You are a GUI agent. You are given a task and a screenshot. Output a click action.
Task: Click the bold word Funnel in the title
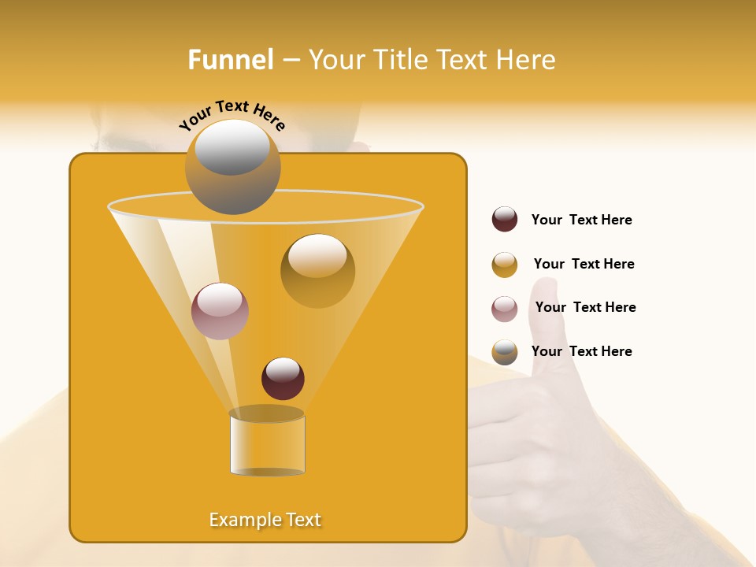(x=230, y=60)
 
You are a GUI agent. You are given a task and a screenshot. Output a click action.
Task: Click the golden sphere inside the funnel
(x=317, y=271)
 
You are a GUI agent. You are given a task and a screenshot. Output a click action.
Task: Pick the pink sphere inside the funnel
(x=220, y=311)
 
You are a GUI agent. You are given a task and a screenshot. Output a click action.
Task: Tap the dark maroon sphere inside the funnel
(x=283, y=378)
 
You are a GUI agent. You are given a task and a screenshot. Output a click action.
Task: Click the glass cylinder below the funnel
(x=267, y=445)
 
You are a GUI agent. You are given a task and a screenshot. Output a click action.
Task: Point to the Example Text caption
(x=265, y=520)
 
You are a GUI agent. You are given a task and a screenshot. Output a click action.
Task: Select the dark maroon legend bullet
(x=505, y=219)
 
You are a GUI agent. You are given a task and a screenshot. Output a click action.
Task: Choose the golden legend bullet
(x=505, y=265)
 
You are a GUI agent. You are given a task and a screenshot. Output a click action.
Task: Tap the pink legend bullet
(x=505, y=309)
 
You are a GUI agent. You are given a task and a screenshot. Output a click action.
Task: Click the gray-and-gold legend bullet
(x=505, y=352)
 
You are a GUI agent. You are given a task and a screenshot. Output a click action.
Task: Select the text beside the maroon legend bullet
(x=581, y=220)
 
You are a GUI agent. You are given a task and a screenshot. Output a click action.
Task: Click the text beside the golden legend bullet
(x=584, y=264)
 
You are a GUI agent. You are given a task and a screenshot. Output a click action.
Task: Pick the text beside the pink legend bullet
(x=585, y=307)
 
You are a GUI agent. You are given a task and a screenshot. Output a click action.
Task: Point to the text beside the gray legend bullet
(x=581, y=351)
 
